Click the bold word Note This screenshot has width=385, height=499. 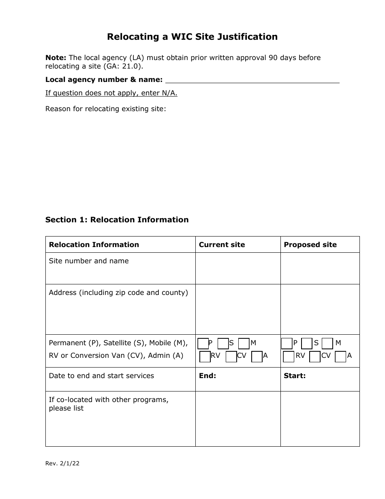pos(56,58)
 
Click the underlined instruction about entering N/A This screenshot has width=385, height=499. pos(111,93)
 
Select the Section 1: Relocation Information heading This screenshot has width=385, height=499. pos(117,219)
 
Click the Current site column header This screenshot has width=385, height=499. pos(222,245)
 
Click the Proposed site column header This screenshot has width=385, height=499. pos(310,245)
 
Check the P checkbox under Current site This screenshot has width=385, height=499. pos(203,344)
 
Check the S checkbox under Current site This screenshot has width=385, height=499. pos(223,344)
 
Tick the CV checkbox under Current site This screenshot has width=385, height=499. pos(231,357)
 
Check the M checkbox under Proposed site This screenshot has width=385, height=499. pos(327,344)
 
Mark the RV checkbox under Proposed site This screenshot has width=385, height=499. pos(289,357)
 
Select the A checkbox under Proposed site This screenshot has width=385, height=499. pos(341,357)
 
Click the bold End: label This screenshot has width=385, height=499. pos(207,376)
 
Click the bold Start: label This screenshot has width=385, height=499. pos(295,376)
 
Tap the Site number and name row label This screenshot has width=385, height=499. pos(89,261)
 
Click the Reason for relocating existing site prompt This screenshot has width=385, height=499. pos(105,109)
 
